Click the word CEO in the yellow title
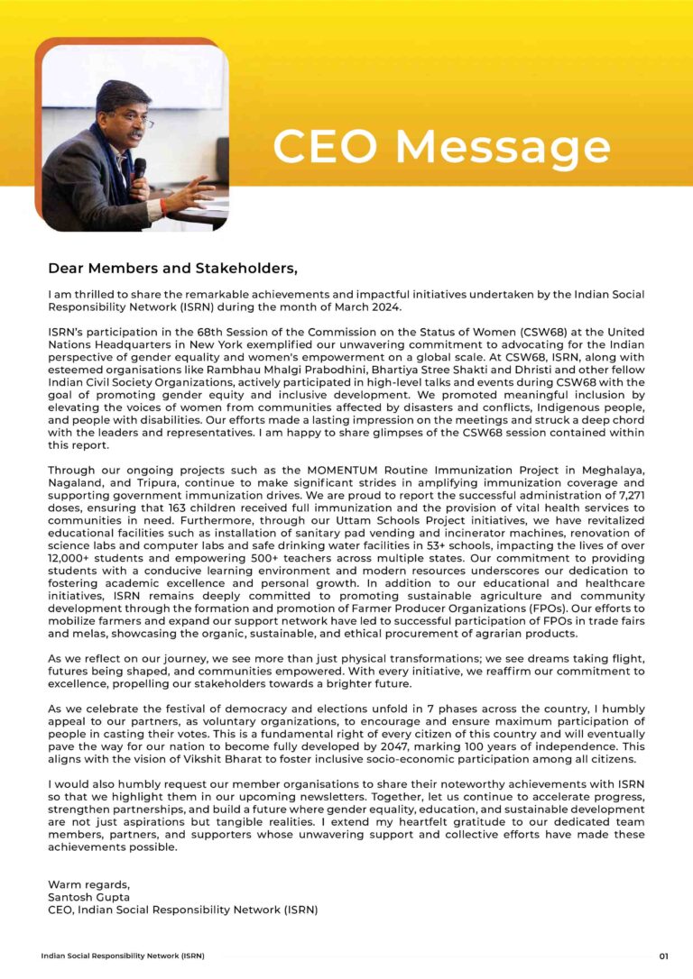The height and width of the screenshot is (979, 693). (325, 147)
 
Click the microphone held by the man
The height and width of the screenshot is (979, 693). (140, 169)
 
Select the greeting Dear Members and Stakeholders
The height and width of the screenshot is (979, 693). (172, 269)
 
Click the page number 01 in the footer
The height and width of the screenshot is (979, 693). (663, 956)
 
